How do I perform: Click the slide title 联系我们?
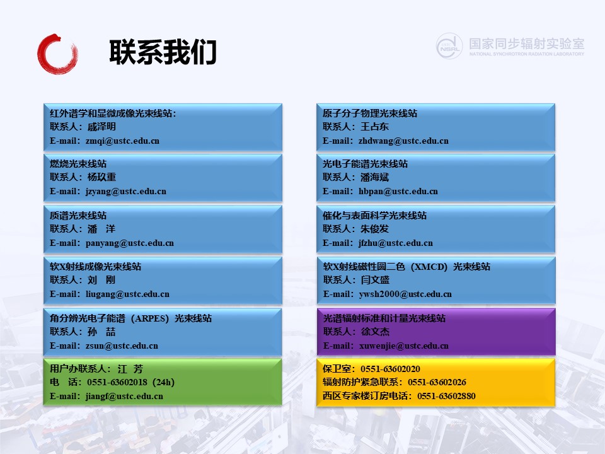pyautogui.click(x=163, y=52)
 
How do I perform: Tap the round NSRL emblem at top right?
pyautogui.click(x=449, y=46)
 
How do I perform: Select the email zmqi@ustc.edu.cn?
pyautogui.click(x=122, y=141)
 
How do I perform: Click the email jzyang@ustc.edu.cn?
pyautogui.click(x=126, y=192)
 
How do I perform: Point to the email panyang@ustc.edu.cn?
pyautogui.click(x=130, y=243)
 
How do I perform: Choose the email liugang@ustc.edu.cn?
pyautogui.click(x=127, y=294)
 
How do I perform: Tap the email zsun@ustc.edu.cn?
pyautogui.click(x=122, y=346)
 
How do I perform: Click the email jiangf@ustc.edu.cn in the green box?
pyautogui.click(x=124, y=397)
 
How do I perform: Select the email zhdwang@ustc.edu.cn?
pyautogui.click(x=403, y=141)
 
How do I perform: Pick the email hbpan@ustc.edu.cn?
pyautogui.click(x=398, y=192)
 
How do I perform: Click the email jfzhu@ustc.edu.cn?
pyautogui.click(x=396, y=243)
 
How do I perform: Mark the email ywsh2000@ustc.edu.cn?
pyautogui.click(x=405, y=294)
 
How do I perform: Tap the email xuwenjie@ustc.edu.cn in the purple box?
pyautogui.click(x=404, y=346)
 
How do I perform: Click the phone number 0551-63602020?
pyautogui.click(x=391, y=369)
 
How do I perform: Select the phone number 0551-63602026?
pyautogui.click(x=437, y=382)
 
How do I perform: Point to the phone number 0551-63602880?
pyautogui.click(x=446, y=396)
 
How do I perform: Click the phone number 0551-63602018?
pyautogui.click(x=117, y=382)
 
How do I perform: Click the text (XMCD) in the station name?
pyautogui.click(x=429, y=267)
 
